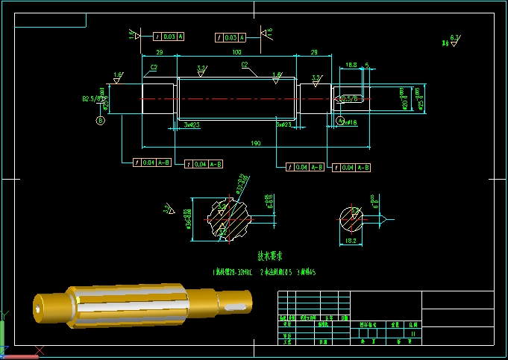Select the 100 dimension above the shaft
(x=236, y=52)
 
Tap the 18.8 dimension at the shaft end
(x=352, y=65)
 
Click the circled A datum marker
(x=340, y=121)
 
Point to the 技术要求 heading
(x=272, y=255)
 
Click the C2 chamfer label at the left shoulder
(x=154, y=67)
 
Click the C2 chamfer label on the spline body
(x=244, y=65)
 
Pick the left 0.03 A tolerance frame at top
(x=169, y=36)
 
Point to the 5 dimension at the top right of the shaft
(x=366, y=65)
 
